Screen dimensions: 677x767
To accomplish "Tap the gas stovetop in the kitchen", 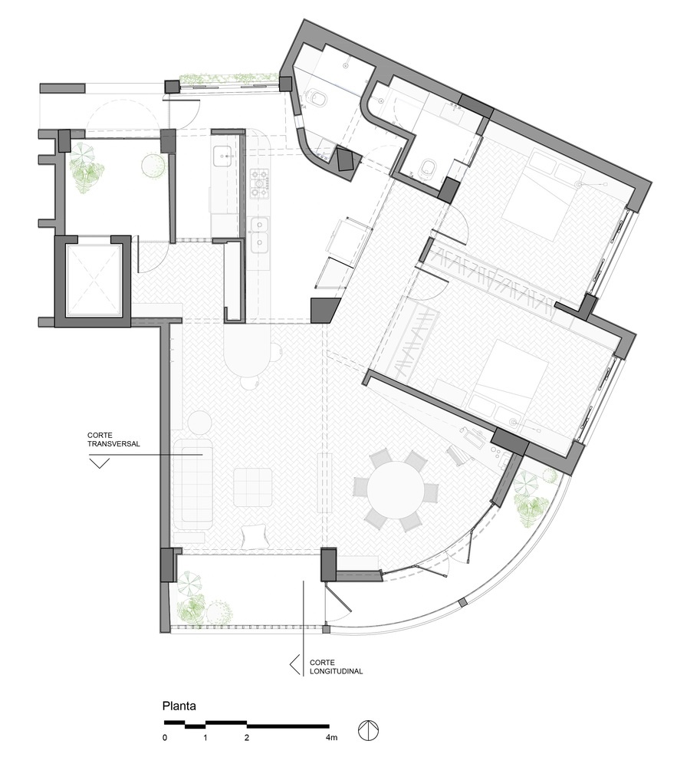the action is pyautogui.click(x=260, y=184).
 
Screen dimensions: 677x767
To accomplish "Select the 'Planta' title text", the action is pyautogui.click(x=179, y=706).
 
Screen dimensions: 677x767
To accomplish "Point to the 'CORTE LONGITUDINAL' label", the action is pyautogui.click(x=337, y=667).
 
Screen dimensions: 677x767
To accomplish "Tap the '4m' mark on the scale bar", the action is pyautogui.click(x=331, y=738).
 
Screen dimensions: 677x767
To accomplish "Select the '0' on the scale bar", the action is pyautogui.click(x=165, y=738).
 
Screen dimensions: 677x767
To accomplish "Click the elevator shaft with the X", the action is pyautogui.click(x=93, y=280).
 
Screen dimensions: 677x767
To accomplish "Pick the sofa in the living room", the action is pyautogui.click(x=193, y=483).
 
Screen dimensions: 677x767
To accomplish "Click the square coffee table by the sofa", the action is pyautogui.click(x=253, y=487).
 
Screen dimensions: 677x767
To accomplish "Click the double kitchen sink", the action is pyautogui.click(x=260, y=234).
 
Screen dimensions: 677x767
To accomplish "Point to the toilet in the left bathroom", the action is pyautogui.click(x=317, y=99).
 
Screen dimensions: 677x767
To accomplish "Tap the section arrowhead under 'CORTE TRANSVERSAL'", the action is pyautogui.click(x=99, y=463).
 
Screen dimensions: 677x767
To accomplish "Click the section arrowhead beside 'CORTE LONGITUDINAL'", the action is pyautogui.click(x=294, y=664).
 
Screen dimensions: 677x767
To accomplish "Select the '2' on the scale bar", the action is pyautogui.click(x=247, y=738).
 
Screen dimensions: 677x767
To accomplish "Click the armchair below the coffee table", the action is pyautogui.click(x=255, y=535).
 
